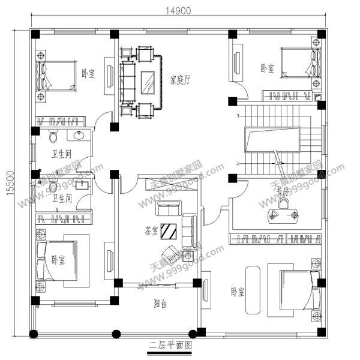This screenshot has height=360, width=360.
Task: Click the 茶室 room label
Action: click(152, 230)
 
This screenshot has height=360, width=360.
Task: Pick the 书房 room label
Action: click(283, 191)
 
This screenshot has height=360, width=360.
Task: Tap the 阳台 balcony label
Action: click(159, 304)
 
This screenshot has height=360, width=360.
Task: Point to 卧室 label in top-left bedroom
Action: click(88, 74)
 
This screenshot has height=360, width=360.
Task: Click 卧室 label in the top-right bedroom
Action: click(267, 68)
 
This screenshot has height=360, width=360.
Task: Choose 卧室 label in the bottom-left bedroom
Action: click(58, 260)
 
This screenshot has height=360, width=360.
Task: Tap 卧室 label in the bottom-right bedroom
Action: click(238, 292)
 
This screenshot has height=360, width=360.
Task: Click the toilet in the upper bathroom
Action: click(53, 136)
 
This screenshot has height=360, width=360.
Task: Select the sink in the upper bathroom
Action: click(78, 134)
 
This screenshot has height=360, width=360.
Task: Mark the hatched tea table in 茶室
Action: click(169, 230)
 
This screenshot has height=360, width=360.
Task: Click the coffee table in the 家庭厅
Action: click(149, 81)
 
